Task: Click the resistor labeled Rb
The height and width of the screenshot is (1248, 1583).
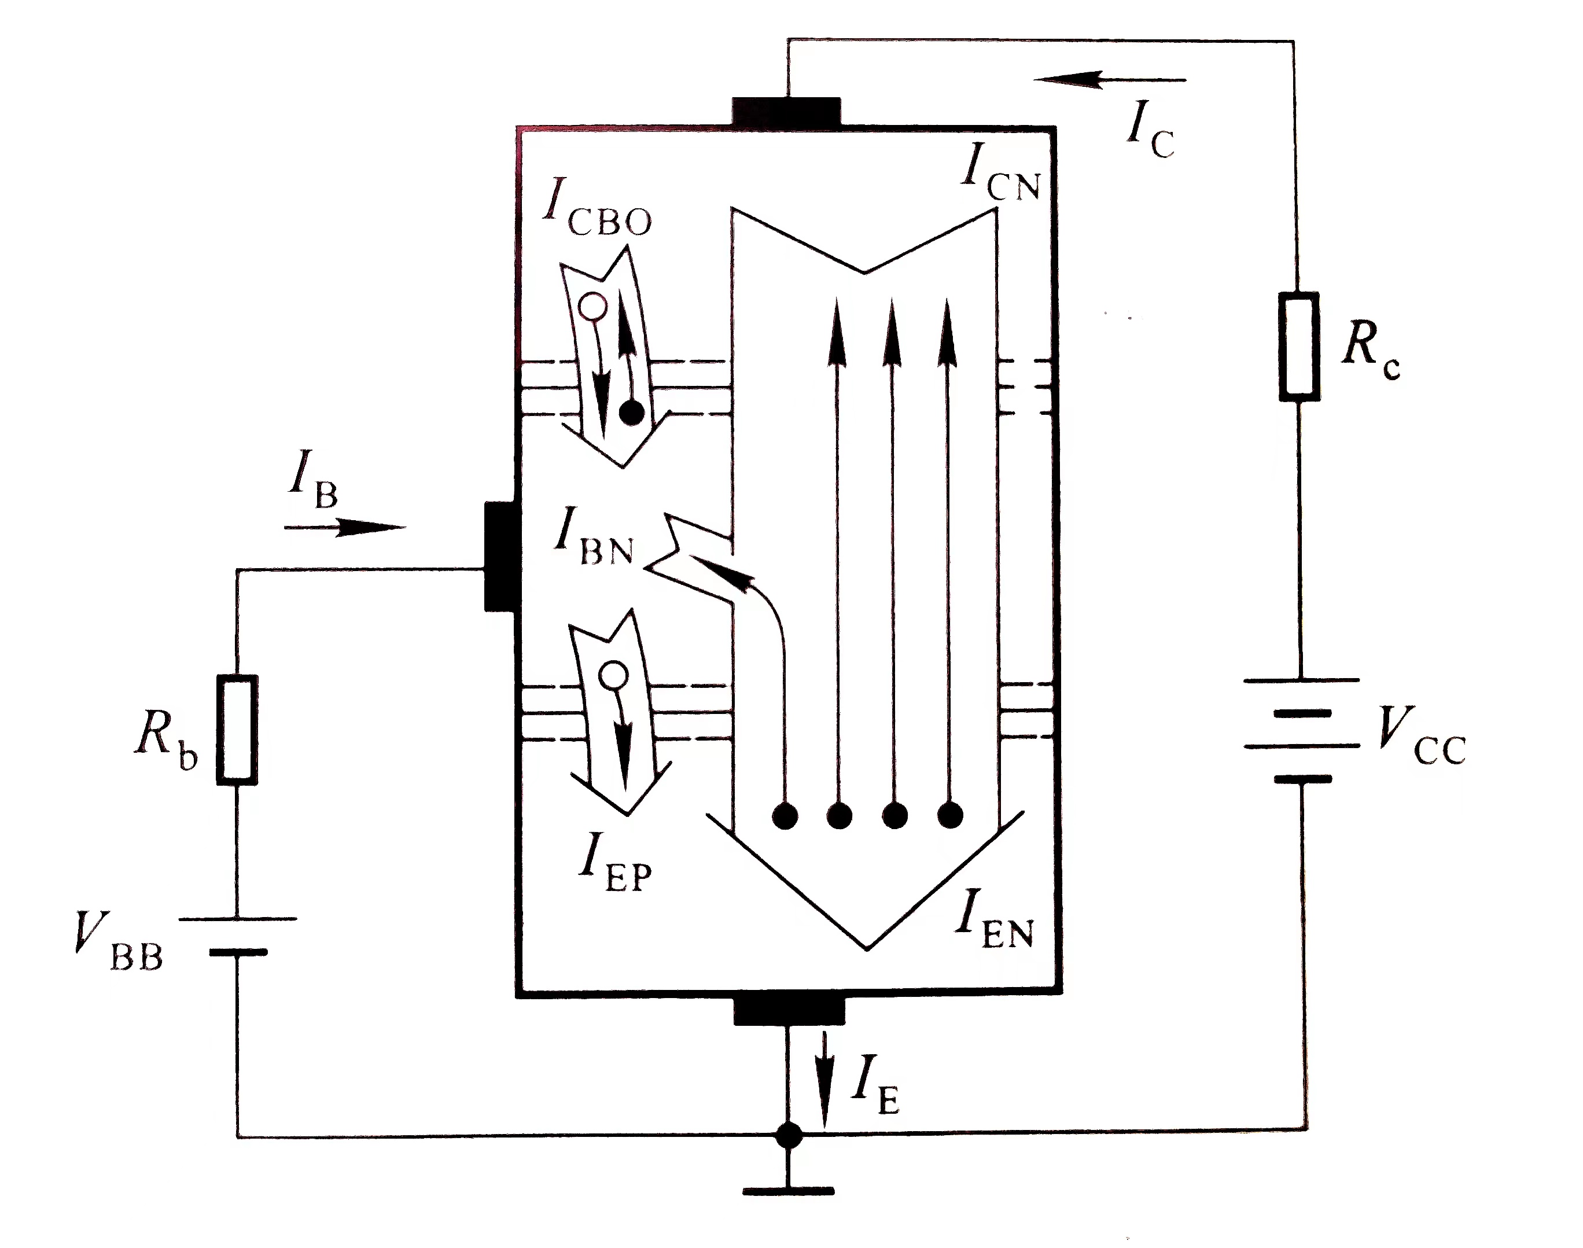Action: pyautogui.click(x=237, y=729)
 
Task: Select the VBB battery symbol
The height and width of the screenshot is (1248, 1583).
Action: pyautogui.click(x=237, y=935)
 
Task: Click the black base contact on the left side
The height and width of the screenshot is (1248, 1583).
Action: pyautogui.click(x=501, y=555)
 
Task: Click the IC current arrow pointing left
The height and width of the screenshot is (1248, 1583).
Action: pyautogui.click(x=1110, y=79)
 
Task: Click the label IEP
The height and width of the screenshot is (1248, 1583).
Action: pyautogui.click(x=614, y=864)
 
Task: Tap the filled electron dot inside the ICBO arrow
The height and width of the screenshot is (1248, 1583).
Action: pyautogui.click(x=631, y=414)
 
